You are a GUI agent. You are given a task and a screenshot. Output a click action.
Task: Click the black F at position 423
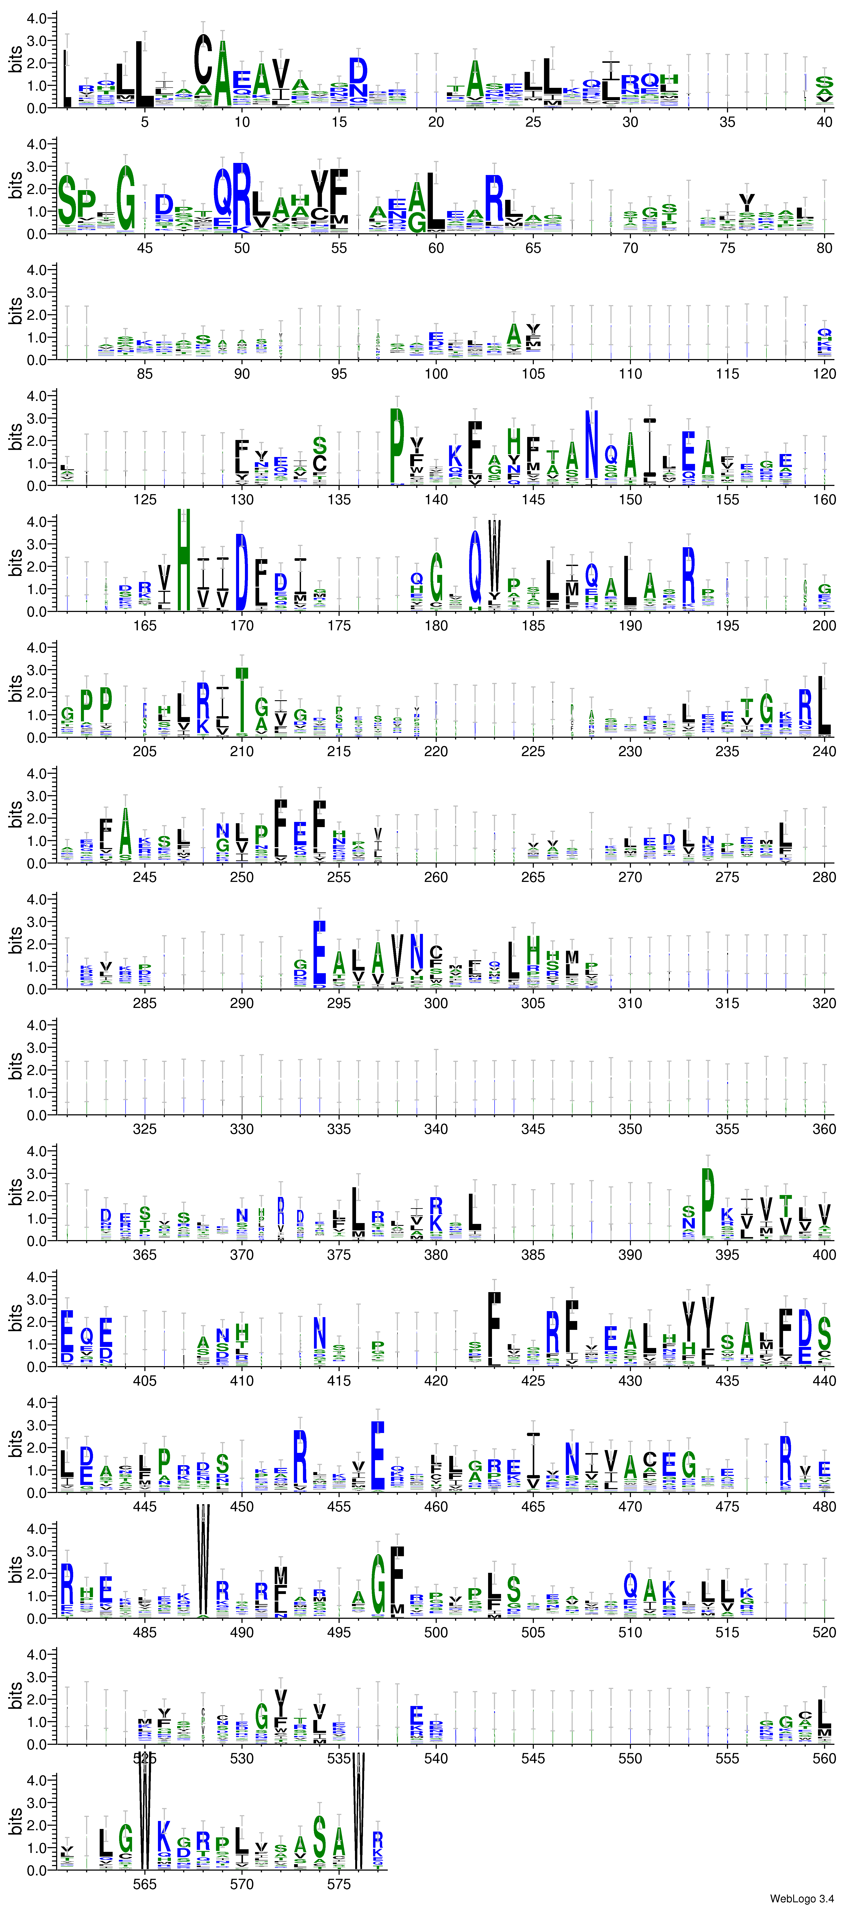[x=494, y=1328]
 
